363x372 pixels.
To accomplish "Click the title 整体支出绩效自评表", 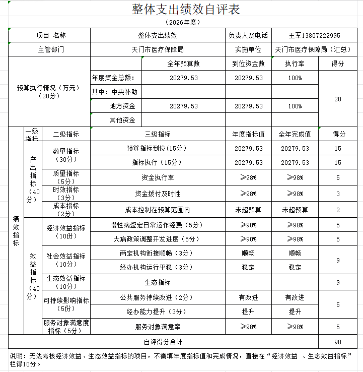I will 186,10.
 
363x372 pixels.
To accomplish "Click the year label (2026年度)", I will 182,22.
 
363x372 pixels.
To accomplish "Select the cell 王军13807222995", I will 314,36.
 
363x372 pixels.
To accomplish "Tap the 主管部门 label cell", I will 51,50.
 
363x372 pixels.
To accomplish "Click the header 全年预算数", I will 183,64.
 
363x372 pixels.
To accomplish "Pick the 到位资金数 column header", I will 248,64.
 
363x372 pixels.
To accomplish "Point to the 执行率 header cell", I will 295,64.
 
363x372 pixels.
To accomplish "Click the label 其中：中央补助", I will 114,92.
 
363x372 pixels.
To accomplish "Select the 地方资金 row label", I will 122,106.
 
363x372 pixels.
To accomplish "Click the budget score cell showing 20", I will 337,99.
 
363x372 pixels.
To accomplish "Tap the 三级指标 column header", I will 157,135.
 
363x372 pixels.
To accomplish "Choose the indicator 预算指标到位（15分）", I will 157,149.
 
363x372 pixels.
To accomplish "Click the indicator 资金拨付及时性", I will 157,194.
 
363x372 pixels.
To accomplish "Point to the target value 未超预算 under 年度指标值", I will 248,210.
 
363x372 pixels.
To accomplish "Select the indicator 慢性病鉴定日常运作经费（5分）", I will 157,225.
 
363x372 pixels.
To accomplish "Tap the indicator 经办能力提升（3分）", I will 157,312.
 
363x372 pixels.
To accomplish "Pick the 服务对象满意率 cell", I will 157,327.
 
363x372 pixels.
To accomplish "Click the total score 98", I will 337,342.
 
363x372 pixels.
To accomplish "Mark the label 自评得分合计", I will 164,342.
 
